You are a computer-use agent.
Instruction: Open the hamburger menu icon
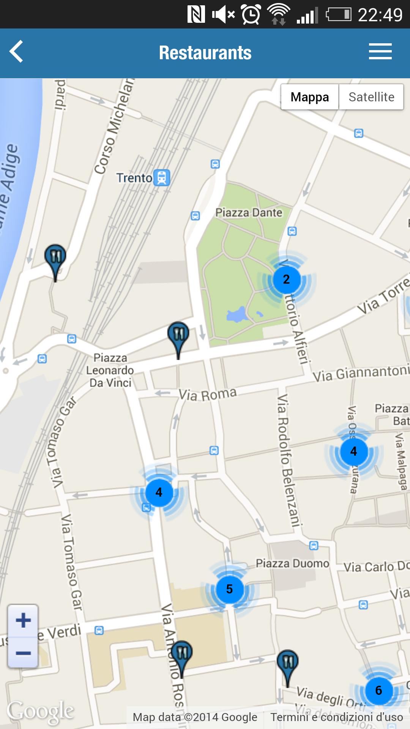[380, 52]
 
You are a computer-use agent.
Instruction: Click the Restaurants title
[205, 53]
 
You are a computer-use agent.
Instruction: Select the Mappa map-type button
[310, 97]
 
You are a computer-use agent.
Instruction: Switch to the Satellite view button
[371, 97]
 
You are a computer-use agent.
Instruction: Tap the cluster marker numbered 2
[287, 279]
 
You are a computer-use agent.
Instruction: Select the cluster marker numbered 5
[229, 589]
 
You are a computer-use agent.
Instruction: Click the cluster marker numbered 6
[378, 690]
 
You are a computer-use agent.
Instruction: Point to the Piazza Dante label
[249, 213]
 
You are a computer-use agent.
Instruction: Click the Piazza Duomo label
[292, 563]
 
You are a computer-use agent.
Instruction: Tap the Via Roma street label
[208, 394]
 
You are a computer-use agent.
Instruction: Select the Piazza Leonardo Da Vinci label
[110, 370]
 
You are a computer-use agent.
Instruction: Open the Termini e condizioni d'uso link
[336, 717]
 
